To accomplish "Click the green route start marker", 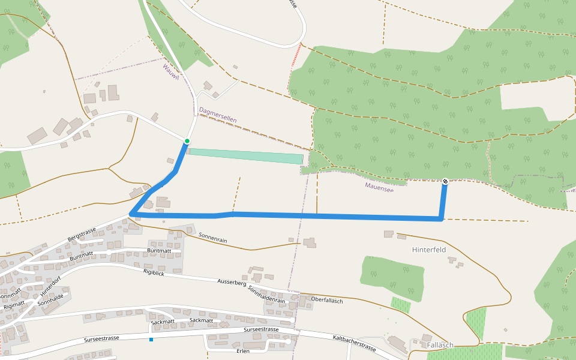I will click(187, 141).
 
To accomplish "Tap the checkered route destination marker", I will click(445, 181).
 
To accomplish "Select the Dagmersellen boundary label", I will click(217, 115).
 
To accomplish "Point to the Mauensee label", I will click(379, 187).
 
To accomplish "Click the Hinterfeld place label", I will click(429, 250).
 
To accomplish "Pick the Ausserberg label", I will click(232, 281).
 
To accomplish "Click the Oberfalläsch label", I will click(327, 300).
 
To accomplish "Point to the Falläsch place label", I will click(440, 345).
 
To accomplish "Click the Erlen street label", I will click(243, 350).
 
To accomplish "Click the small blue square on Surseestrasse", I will click(151, 340).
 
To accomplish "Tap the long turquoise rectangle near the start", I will click(246, 156).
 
